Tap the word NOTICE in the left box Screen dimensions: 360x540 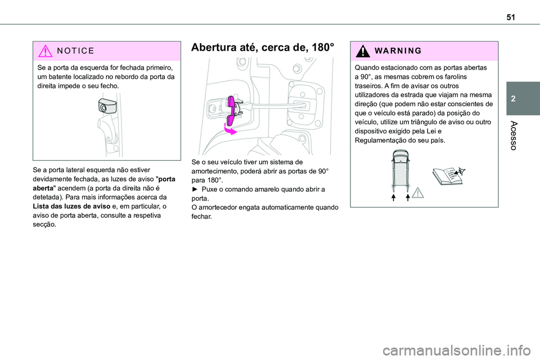point(72,51)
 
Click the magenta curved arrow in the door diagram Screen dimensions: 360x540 point(228,130)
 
